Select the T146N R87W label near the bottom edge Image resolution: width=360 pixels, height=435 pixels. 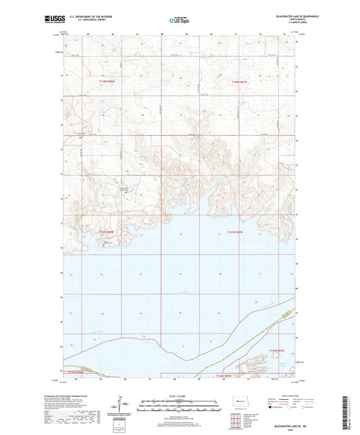coord(222,376)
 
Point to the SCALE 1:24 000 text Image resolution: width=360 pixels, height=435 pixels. coord(179,396)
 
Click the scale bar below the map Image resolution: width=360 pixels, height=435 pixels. coord(179,407)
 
